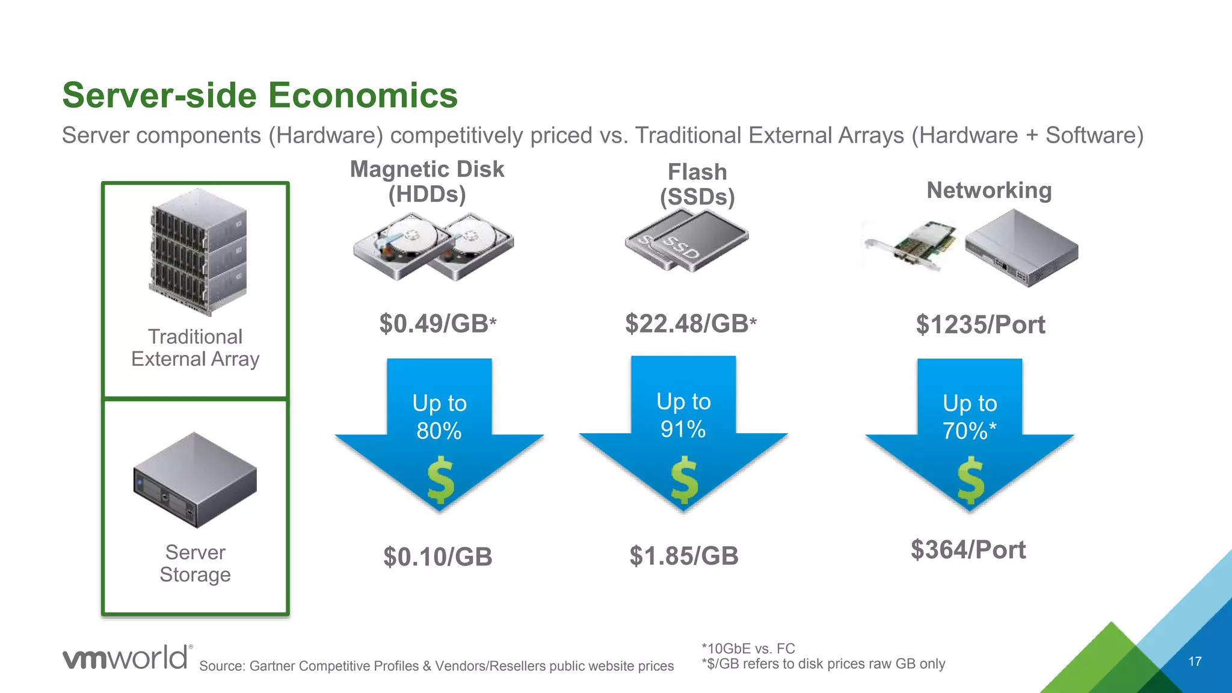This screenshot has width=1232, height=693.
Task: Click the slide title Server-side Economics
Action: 260,95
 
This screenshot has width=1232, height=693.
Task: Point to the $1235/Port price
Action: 980,325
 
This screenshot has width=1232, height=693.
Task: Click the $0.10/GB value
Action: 437,556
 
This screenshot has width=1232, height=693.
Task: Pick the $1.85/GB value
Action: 683,556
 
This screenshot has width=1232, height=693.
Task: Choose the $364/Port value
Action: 968,550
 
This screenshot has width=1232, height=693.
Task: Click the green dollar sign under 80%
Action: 440,479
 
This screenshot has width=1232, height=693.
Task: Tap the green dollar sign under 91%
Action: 685,479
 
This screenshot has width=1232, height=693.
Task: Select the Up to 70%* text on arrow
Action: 969,417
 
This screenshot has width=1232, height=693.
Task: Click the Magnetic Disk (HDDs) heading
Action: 427,181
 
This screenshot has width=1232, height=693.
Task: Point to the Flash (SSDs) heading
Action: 697,184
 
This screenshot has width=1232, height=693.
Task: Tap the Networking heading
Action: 988,190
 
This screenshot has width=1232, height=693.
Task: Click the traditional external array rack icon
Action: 197,251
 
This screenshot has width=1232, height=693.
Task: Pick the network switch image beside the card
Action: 1021,247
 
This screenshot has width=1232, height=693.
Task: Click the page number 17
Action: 1195,662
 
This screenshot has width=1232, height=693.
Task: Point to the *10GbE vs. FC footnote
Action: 748,648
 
